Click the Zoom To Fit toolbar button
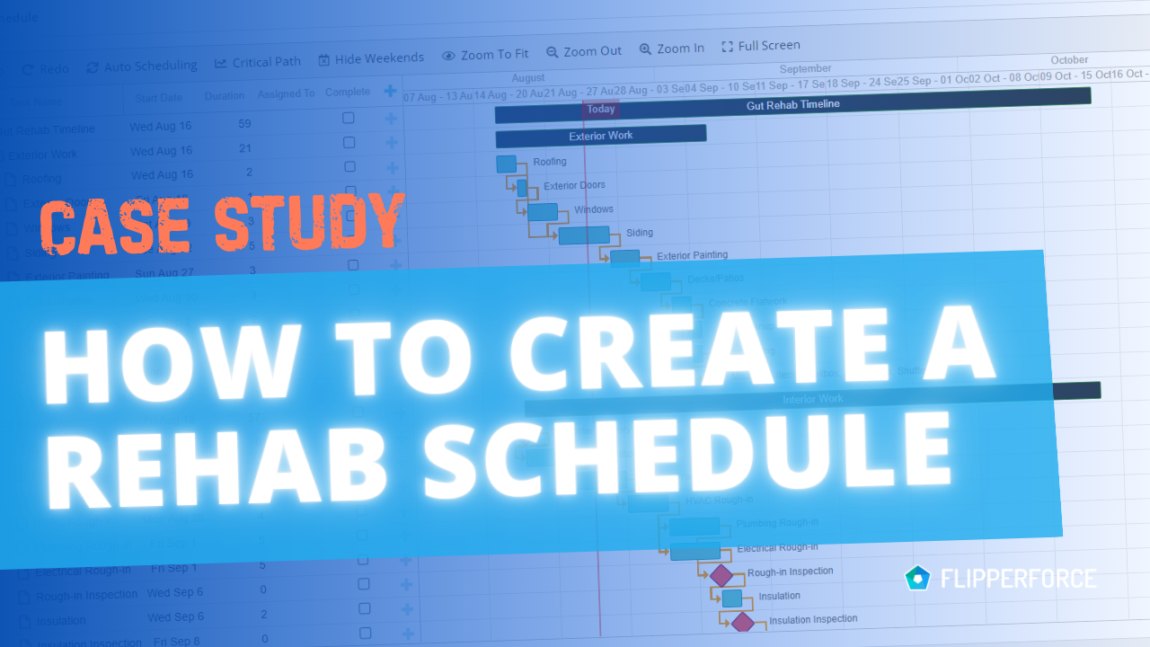tap(485, 55)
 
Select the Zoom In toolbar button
tap(671, 49)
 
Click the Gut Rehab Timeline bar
tap(792, 105)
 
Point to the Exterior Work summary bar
tap(600, 136)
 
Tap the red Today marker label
tap(601, 110)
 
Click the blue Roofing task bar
tap(506, 164)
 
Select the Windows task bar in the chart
tap(542, 212)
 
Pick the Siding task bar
tap(584, 235)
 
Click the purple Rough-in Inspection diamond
tap(721, 575)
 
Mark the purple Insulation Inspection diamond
tap(742, 622)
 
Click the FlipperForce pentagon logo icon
tap(917, 578)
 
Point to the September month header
tap(805, 69)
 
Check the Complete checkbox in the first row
tap(349, 119)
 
